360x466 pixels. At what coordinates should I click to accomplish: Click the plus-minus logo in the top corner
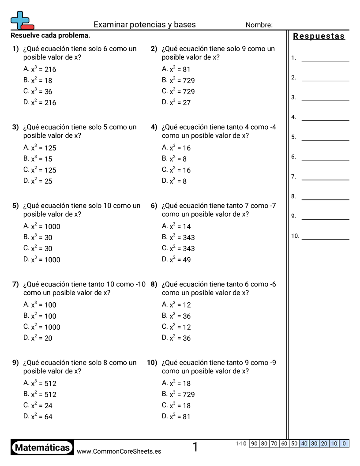(x=22, y=20)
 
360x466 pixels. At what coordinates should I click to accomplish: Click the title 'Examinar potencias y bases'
(x=145, y=25)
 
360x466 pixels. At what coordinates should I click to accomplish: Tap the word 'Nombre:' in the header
(x=259, y=25)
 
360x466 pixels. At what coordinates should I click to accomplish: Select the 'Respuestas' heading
(x=319, y=36)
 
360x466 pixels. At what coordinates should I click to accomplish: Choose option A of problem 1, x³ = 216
(x=40, y=69)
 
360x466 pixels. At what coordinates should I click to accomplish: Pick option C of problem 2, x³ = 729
(x=178, y=91)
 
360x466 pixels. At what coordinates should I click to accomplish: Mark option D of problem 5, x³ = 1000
(x=42, y=259)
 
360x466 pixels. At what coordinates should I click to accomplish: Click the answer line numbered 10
(x=325, y=239)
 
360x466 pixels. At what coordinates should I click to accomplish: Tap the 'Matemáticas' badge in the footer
(x=42, y=447)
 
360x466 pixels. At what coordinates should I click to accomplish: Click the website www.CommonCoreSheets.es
(x=119, y=451)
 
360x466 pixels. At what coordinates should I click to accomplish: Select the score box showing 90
(x=254, y=443)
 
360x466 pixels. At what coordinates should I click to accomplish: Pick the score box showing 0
(x=344, y=443)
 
